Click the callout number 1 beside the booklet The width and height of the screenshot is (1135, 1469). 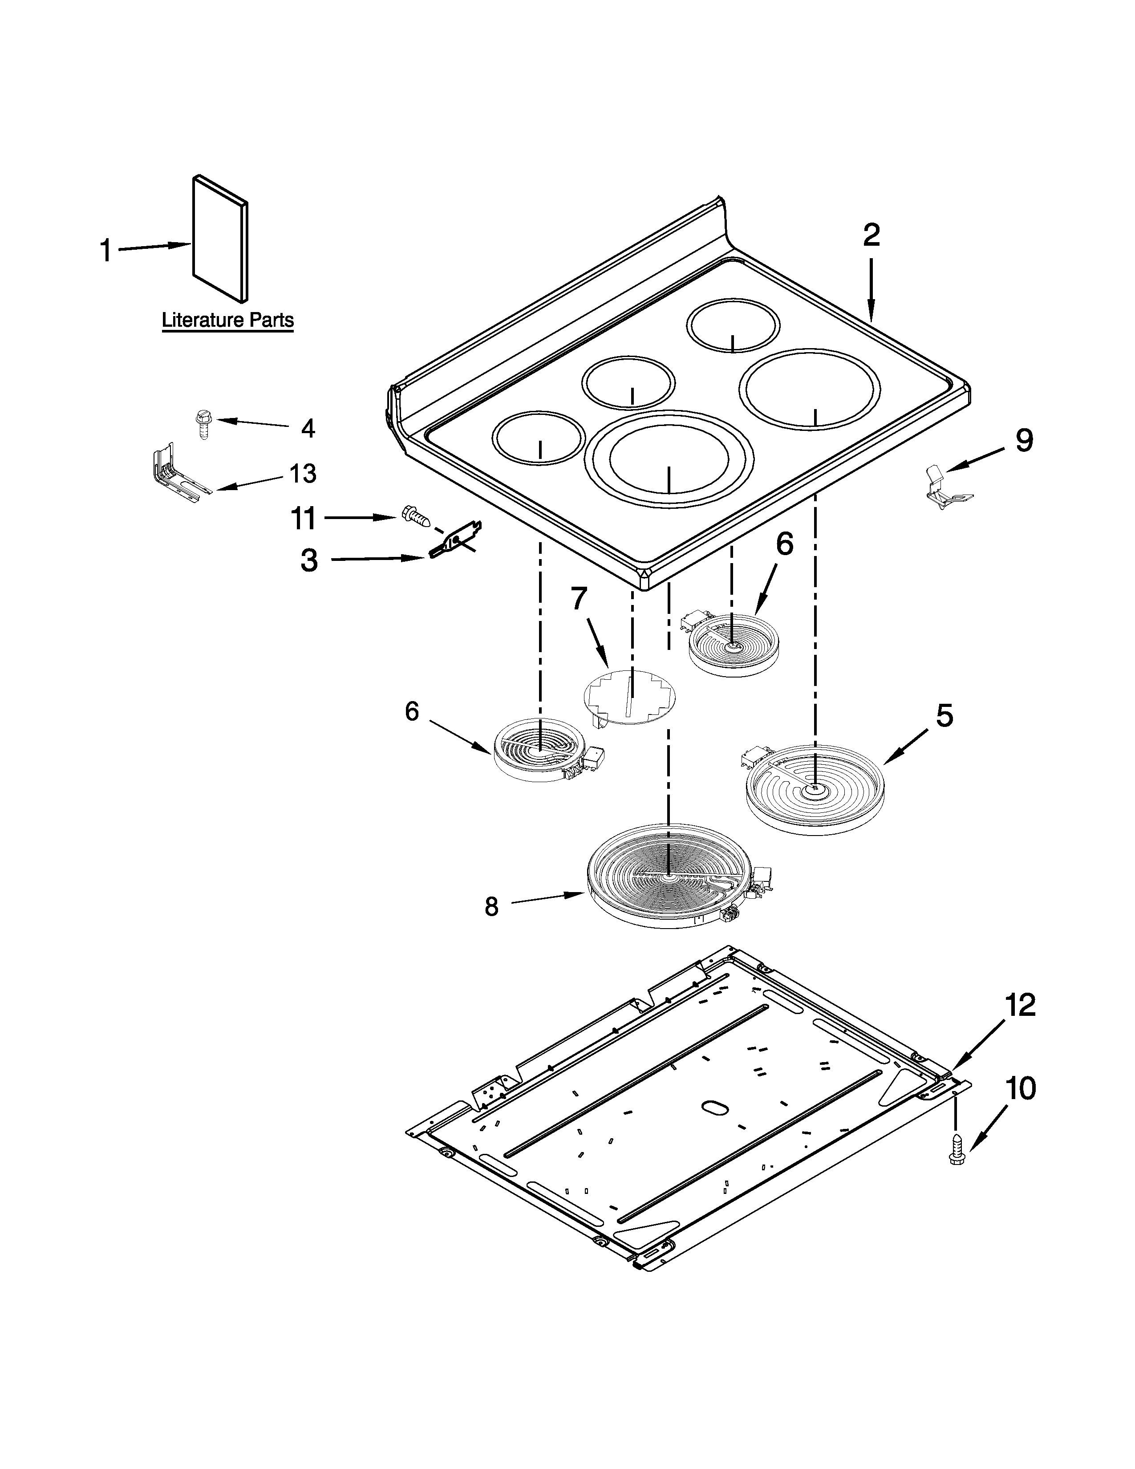click(105, 251)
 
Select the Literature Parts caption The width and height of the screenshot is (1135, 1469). click(227, 320)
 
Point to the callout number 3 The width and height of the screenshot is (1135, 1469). click(308, 560)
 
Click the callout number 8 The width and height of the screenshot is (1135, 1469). click(491, 907)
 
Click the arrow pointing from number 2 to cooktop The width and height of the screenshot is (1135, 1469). click(872, 289)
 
